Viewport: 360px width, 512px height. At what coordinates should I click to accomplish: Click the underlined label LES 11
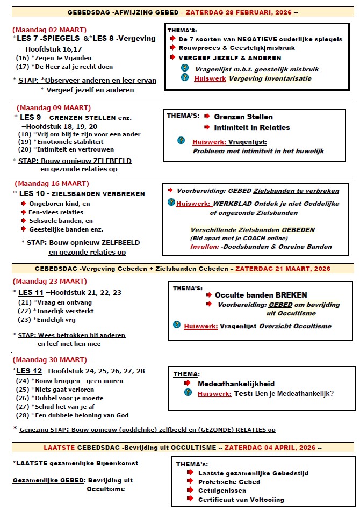click(x=31, y=292)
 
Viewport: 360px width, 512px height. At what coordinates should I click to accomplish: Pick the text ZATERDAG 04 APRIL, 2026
click(x=270, y=448)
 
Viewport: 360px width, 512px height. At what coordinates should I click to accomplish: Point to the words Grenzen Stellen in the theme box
click(x=243, y=117)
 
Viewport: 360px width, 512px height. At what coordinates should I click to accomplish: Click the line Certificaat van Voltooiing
click(x=241, y=500)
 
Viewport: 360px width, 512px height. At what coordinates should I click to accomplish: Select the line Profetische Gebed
click(x=229, y=482)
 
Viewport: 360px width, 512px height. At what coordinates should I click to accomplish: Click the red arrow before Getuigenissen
click(x=190, y=491)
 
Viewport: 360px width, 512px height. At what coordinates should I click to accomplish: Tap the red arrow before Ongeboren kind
click(x=24, y=204)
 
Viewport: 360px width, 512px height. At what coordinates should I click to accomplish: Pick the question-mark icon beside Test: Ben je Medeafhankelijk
click(x=188, y=393)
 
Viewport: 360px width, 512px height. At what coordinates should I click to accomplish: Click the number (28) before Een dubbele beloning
click(x=23, y=415)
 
